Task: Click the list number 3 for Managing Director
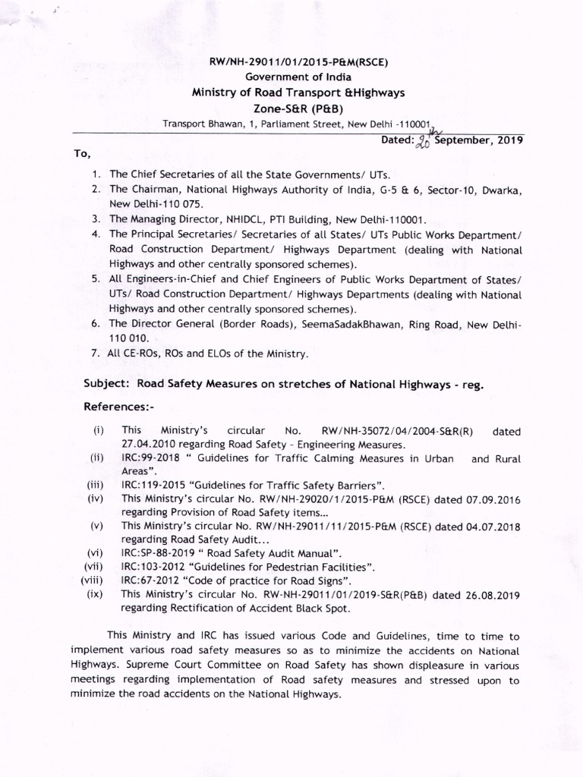[x=96, y=217]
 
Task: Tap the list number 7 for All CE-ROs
[x=96, y=354]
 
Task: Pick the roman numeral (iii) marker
[x=95, y=484]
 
